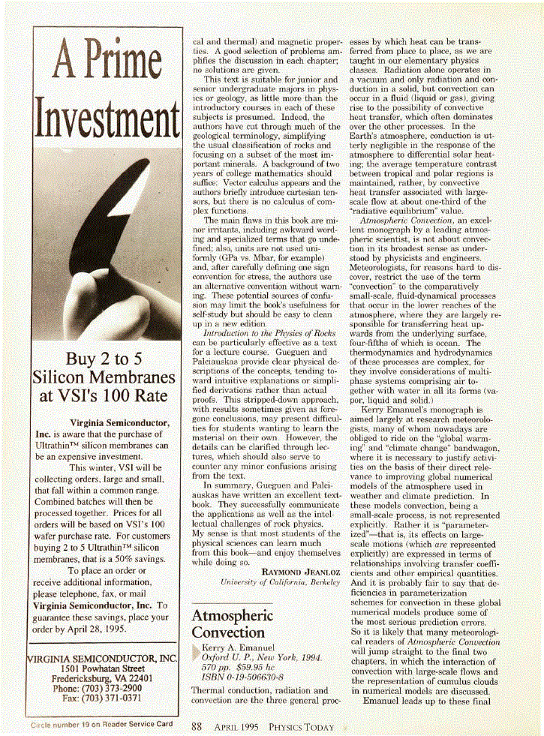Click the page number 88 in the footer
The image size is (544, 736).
tap(197, 726)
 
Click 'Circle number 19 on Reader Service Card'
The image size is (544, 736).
tap(101, 725)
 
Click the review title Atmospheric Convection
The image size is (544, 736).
tap(233, 623)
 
